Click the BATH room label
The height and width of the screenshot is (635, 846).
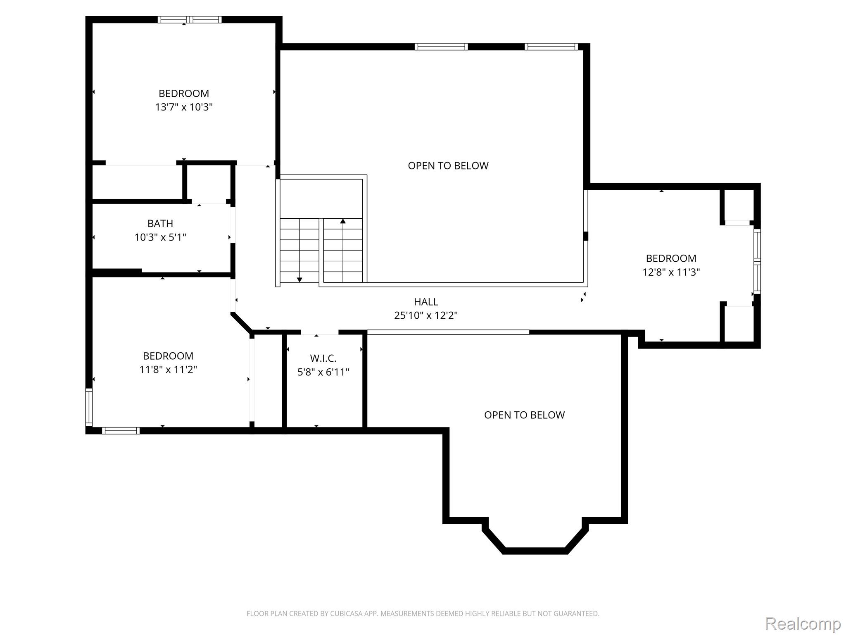(160, 224)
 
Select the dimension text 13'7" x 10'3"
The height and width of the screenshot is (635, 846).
(183, 107)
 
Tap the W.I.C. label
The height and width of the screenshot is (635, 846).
(323, 358)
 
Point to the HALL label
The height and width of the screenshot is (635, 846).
(426, 302)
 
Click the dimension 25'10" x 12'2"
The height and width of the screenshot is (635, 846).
(426, 316)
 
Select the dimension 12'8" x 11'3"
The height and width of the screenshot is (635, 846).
(671, 272)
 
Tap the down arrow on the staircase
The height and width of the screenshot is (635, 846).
(299, 280)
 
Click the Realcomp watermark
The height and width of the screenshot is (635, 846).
(803, 623)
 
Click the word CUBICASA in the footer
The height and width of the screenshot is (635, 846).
(346, 614)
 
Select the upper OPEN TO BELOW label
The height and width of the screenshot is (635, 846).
(448, 166)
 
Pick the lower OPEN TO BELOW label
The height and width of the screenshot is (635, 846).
(524, 415)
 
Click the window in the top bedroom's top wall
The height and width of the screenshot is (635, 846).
(190, 19)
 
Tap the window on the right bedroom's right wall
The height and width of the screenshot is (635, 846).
(757, 261)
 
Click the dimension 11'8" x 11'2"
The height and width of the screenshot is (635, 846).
(168, 370)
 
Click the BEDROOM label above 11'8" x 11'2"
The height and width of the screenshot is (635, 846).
(168, 356)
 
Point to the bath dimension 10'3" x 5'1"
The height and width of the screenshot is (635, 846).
(160, 238)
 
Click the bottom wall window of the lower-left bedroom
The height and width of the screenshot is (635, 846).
(121, 431)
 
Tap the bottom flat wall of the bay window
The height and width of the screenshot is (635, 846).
(535, 551)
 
